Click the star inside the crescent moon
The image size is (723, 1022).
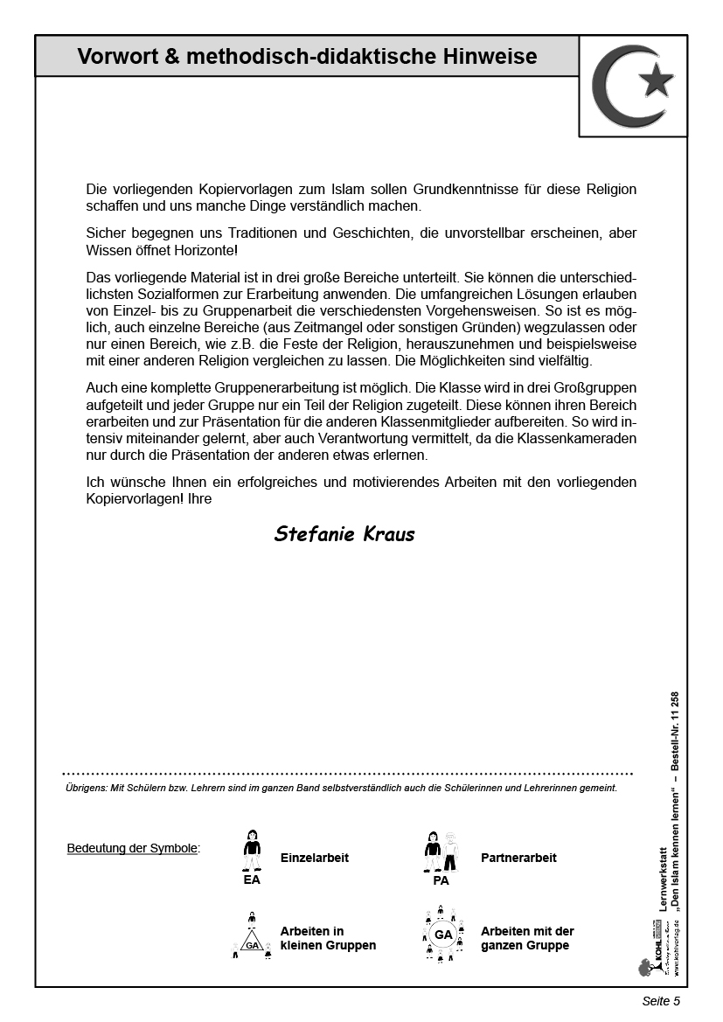pyautogui.click(x=656, y=82)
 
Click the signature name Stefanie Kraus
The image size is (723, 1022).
pyautogui.click(x=344, y=534)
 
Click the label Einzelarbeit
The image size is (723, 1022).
pyautogui.click(x=315, y=858)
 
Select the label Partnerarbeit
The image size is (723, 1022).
pyautogui.click(x=518, y=858)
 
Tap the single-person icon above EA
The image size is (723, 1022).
pyautogui.click(x=252, y=850)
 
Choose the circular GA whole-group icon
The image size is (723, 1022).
pyautogui.click(x=442, y=934)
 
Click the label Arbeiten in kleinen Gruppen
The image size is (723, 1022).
pyautogui.click(x=328, y=938)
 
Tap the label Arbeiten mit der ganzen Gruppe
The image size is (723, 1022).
pyautogui.click(x=527, y=938)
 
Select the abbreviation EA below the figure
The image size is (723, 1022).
pyautogui.click(x=252, y=880)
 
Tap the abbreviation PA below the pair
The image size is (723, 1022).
pyautogui.click(x=441, y=880)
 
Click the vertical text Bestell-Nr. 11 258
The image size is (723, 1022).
pyautogui.click(x=675, y=731)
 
